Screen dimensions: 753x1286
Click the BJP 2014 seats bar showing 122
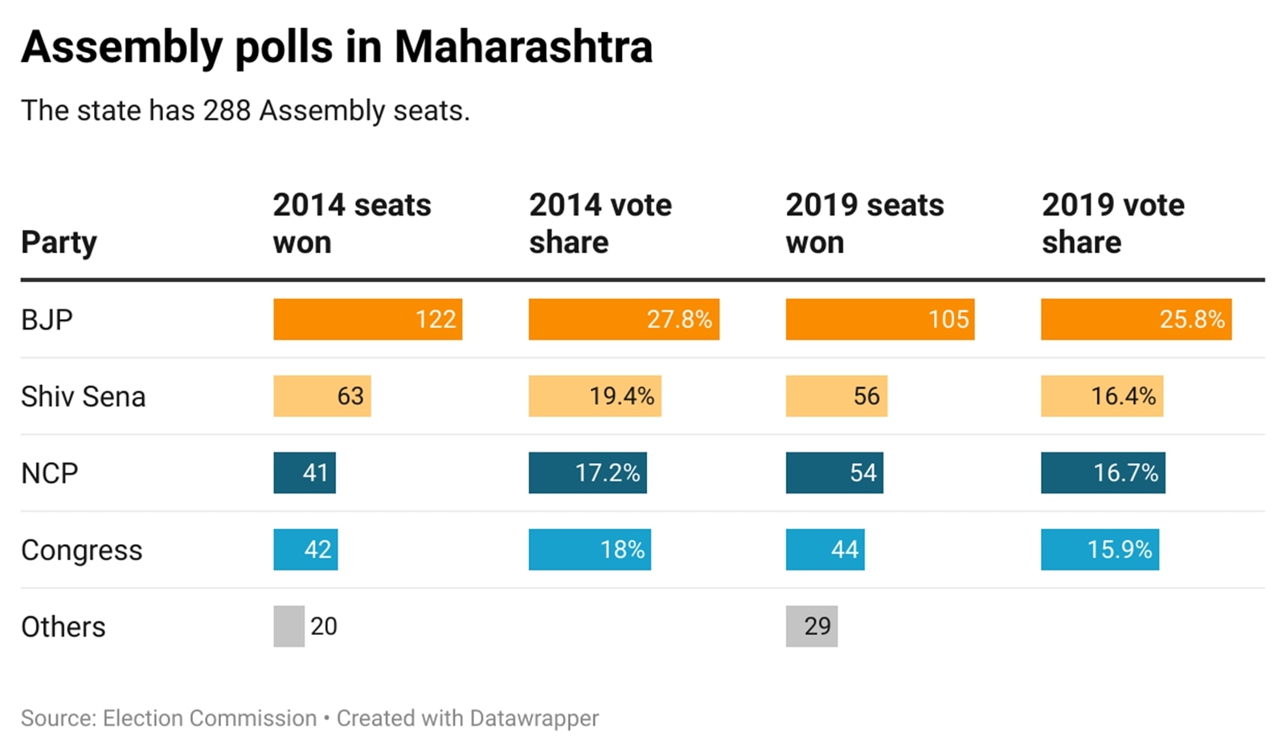pos(367,319)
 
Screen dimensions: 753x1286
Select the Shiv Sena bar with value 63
pos(321,396)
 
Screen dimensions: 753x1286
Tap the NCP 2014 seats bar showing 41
pos(304,473)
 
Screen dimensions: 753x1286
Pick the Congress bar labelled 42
pos(305,550)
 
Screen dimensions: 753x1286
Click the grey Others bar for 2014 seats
pos(289,626)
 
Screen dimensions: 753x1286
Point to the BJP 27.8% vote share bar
pos(624,319)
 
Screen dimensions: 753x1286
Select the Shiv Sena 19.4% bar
pos(595,396)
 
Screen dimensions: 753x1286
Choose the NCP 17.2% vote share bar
pos(588,473)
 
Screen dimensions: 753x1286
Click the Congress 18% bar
pos(589,550)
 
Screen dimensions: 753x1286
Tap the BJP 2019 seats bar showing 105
pos(879,319)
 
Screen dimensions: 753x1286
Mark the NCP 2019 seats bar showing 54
pos(833,473)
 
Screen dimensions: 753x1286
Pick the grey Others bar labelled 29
pos(811,626)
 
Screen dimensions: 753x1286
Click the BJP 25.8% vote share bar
pos(1136,319)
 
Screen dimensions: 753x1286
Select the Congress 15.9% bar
pos(1100,550)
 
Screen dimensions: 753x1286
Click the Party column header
pos(59,242)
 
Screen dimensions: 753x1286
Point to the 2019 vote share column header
pos(1112,223)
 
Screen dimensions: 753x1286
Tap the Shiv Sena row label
pos(83,397)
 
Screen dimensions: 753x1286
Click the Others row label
pos(63,627)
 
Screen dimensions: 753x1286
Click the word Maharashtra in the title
pos(523,47)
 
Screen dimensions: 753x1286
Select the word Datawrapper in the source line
pos(534,718)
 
